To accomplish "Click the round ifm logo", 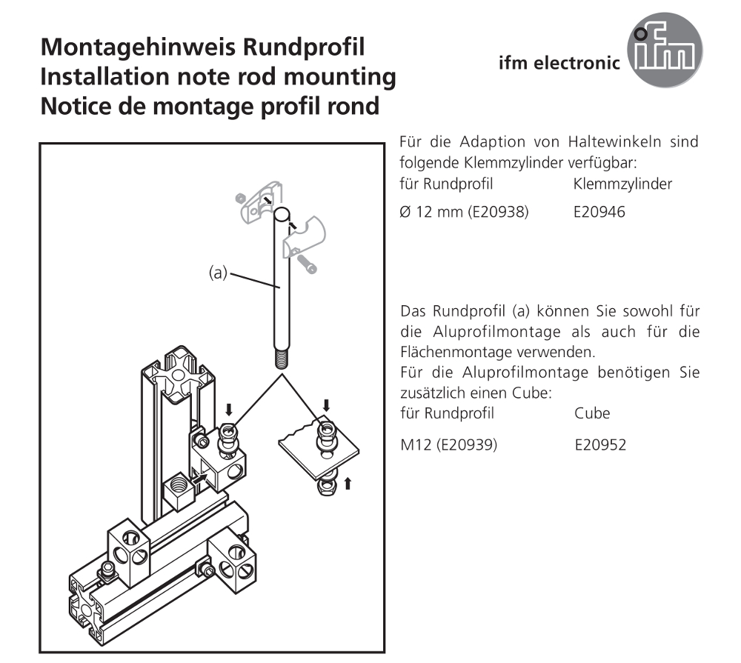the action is (x=665, y=50).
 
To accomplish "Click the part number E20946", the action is (x=599, y=212).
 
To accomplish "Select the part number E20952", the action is (x=600, y=445).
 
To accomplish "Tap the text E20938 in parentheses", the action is (x=498, y=212).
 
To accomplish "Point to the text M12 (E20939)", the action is (x=448, y=445).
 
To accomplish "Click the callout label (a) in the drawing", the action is (x=218, y=273).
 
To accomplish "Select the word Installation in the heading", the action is (x=104, y=76).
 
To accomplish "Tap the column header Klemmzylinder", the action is (x=622, y=184).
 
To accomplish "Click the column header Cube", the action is (x=592, y=413).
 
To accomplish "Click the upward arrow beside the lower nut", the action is (x=348, y=484).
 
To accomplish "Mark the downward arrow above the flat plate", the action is (x=326, y=405).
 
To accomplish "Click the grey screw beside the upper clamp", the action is (x=307, y=264).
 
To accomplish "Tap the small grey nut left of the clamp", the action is (x=240, y=198).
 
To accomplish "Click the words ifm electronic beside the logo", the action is (x=559, y=63).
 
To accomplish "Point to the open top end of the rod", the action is (x=282, y=214).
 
